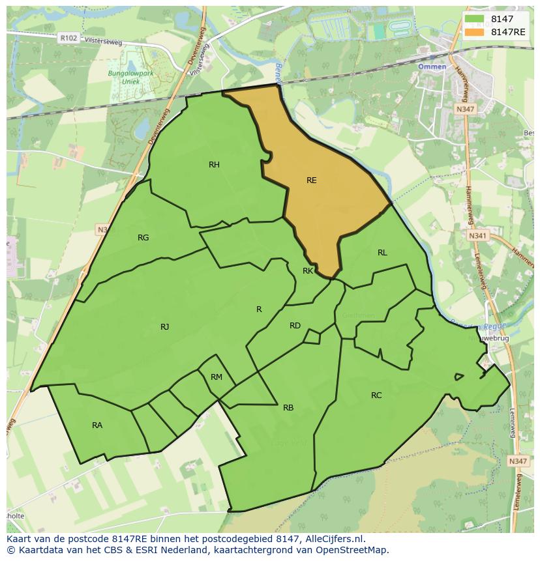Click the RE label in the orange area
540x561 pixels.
(x=311, y=180)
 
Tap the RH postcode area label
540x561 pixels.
(x=214, y=165)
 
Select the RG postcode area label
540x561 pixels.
(x=143, y=238)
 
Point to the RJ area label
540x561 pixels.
(x=164, y=327)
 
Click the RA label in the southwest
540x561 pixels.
(x=97, y=425)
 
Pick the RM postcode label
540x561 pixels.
(x=217, y=377)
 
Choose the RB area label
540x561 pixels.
(x=288, y=408)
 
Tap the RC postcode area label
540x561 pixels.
(x=376, y=396)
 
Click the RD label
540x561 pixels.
(x=295, y=326)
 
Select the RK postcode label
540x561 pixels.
(x=308, y=270)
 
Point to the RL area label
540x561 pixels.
(x=382, y=253)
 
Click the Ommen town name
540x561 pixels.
(x=432, y=67)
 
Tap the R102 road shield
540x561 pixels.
(x=68, y=38)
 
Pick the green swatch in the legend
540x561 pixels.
(x=475, y=19)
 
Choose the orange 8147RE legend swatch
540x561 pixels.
(x=475, y=31)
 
